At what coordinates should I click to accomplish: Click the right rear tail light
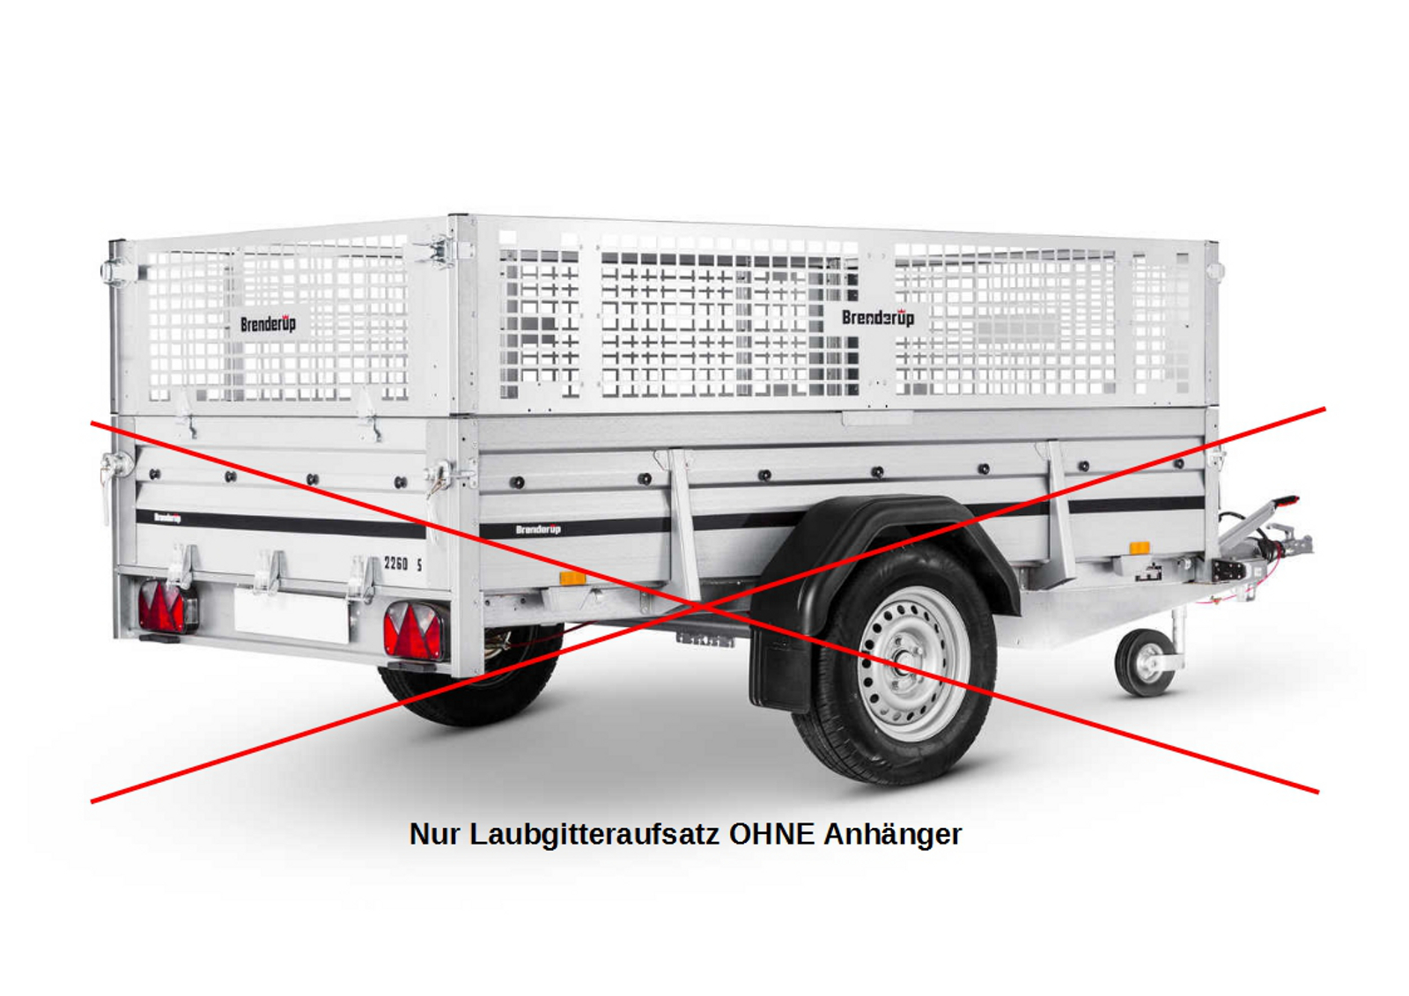point(416,631)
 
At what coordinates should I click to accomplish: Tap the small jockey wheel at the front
point(1144,662)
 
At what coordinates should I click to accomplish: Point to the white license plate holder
point(291,616)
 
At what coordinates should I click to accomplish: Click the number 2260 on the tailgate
point(395,563)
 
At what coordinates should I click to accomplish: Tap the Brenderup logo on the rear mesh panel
point(268,324)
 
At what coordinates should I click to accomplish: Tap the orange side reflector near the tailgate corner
point(572,579)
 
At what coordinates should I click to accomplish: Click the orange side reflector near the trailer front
point(1140,548)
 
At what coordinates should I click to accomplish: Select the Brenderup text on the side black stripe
point(538,529)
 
